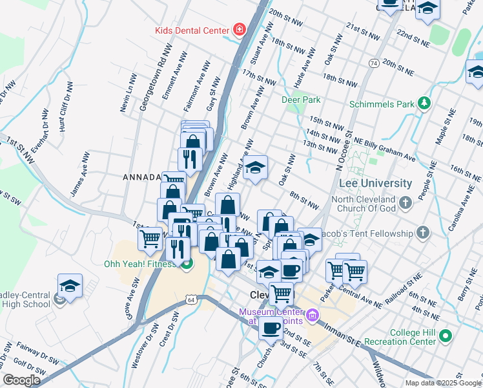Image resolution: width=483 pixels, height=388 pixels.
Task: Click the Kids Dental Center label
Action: coord(192,30)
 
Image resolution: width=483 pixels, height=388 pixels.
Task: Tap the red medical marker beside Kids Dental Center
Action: coord(239,30)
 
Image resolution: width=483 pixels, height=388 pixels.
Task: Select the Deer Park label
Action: coord(301,100)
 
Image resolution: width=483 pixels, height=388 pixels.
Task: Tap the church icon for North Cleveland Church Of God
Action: coord(405,203)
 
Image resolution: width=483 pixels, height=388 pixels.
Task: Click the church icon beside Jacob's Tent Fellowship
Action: coord(422,233)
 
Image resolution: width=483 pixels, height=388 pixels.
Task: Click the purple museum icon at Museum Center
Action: coord(313,316)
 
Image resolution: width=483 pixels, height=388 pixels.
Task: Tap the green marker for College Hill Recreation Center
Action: coord(445,336)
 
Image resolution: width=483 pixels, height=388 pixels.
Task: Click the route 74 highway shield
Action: coord(374,63)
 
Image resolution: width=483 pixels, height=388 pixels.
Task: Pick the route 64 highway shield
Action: coord(191,299)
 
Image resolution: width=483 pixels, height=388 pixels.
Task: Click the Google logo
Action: coord(21,380)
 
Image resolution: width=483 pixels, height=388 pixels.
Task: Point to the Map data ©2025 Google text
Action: coord(443,383)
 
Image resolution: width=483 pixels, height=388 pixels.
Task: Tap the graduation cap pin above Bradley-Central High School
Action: coord(70,285)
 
